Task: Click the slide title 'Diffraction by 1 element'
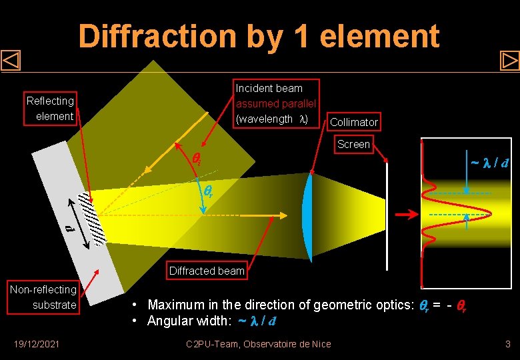(259, 36)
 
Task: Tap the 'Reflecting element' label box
(50, 109)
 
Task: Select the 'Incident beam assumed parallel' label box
(277, 103)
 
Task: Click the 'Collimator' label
(354, 122)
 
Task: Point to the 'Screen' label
(353, 144)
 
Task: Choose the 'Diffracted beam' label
(207, 271)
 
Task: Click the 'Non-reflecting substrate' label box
(43, 297)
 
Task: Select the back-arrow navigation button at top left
(11, 61)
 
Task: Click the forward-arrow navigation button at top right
(509, 61)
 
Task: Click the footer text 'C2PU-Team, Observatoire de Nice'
(259, 344)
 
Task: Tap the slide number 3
(507, 344)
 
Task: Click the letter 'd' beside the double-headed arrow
(69, 229)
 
